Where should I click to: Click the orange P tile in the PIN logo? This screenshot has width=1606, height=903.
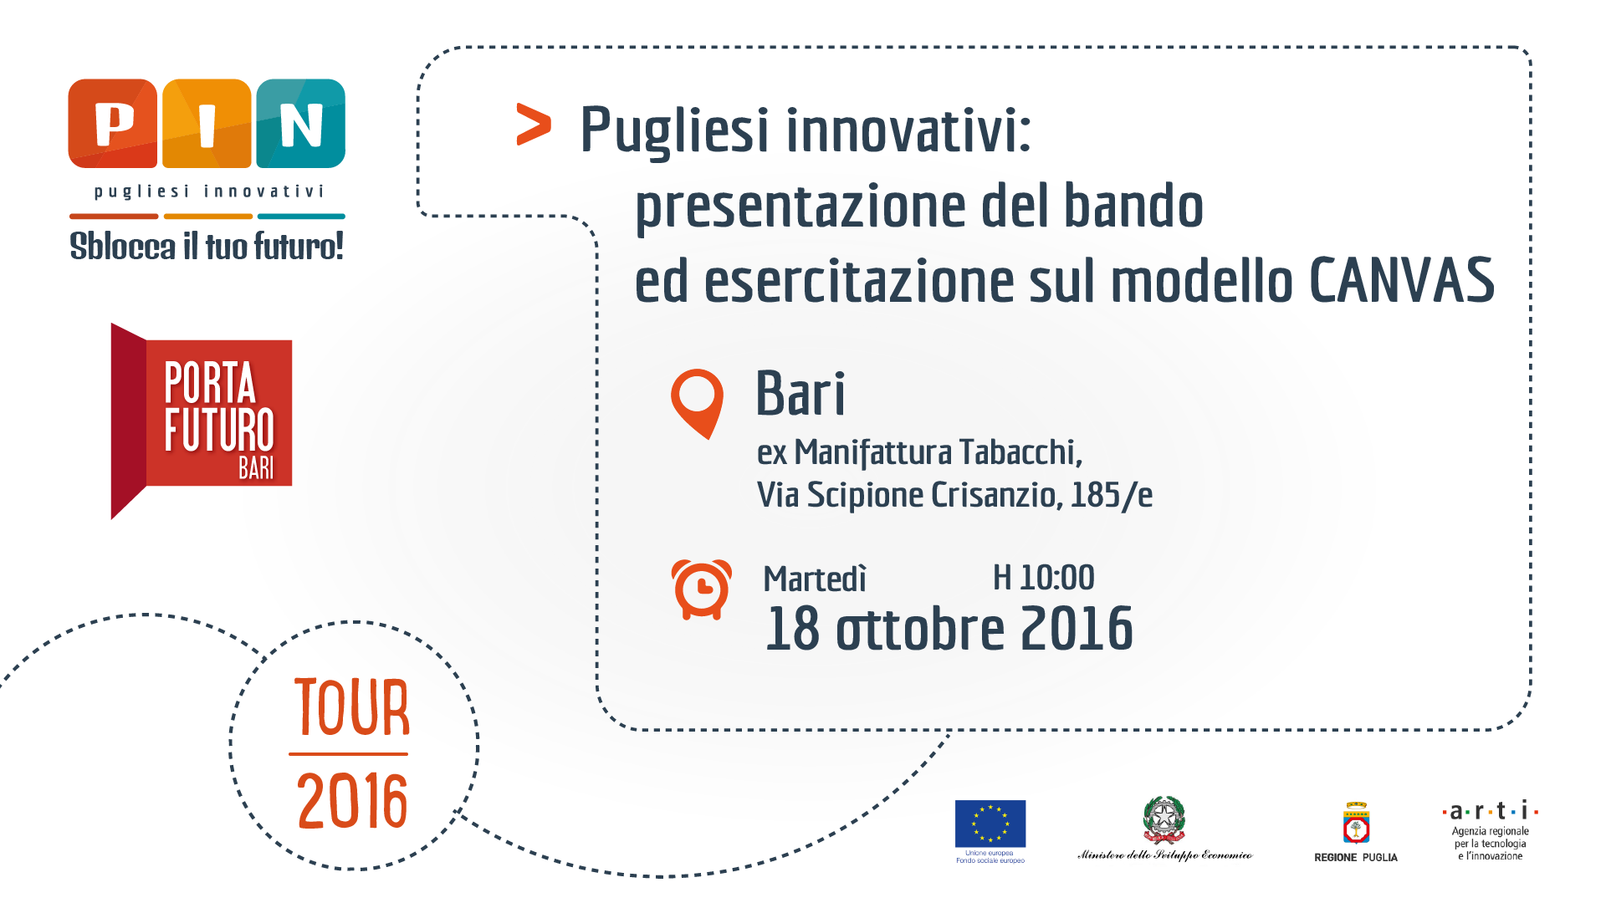(x=113, y=124)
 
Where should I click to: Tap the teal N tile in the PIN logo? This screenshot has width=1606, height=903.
(x=301, y=124)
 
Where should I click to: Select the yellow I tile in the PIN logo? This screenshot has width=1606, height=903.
(x=207, y=124)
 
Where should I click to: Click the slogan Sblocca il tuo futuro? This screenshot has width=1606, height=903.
(x=207, y=246)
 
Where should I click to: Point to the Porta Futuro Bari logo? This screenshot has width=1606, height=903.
(x=202, y=421)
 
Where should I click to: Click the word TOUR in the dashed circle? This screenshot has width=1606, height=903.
(x=352, y=707)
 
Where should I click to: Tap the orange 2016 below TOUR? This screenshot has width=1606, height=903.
(x=352, y=801)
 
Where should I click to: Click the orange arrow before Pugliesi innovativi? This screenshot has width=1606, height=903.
(x=534, y=125)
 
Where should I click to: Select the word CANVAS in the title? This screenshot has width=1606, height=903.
(x=1402, y=280)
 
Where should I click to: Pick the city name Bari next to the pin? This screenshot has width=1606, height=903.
(x=800, y=393)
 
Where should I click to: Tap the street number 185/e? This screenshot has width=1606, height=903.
(x=1112, y=495)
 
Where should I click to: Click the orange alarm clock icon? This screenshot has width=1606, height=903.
(x=702, y=589)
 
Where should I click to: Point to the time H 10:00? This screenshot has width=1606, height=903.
(x=1044, y=578)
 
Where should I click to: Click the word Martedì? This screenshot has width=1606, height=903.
(x=815, y=579)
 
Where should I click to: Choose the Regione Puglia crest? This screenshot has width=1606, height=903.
(x=1356, y=824)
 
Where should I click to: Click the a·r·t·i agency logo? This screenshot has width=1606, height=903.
(x=1491, y=831)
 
